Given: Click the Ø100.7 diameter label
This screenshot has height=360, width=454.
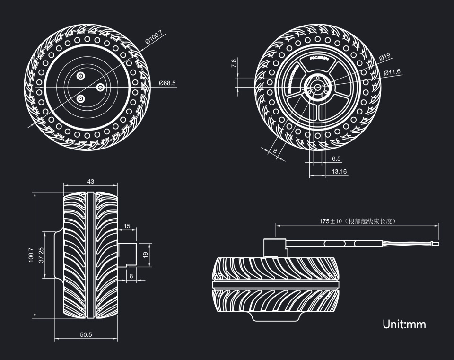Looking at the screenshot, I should click(x=153, y=36).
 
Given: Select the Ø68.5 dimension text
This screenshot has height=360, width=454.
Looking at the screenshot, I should click(x=167, y=83).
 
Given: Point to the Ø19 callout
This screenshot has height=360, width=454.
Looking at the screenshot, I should click(x=384, y=57).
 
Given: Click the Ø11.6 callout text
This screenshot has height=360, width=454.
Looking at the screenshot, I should click(x=392, y=72).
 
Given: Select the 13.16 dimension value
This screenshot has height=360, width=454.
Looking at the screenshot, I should click(x=339, y=171).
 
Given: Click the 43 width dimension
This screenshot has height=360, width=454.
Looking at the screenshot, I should click(x=90, y=182).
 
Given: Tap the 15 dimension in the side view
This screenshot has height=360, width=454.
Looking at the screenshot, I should click(x=127, y=226).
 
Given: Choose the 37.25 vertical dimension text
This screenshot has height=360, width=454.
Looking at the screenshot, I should click(x=41, y=255).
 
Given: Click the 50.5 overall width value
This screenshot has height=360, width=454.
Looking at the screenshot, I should click(x=86, y=335).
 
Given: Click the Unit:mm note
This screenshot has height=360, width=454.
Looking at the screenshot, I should click(x=404, y=325).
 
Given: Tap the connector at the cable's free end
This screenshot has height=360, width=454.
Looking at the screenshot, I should click(x=434, y=244).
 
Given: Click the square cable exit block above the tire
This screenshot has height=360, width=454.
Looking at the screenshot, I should click(x=275, y=248).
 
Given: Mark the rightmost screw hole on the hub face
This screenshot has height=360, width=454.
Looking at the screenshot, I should click(x=100, y=87).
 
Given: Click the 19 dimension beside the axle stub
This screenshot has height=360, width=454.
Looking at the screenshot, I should click(x=145, y=254).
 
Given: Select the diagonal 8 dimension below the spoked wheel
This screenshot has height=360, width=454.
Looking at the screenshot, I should click(x=275, y=151).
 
